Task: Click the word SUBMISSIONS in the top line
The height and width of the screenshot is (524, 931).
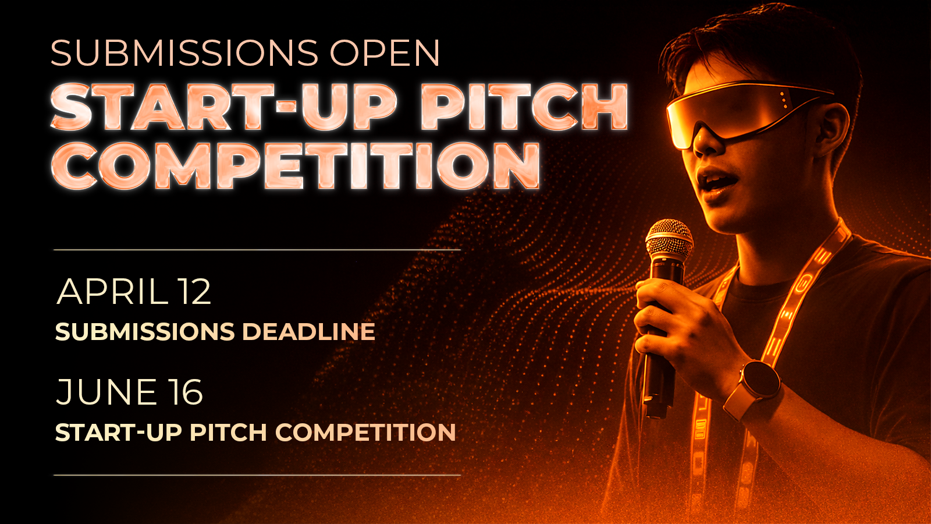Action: [184, 53]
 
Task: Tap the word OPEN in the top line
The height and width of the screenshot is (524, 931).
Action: [385, 53]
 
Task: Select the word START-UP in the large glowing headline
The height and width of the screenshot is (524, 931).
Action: [223, 107]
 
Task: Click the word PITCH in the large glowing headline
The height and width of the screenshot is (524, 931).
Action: [524, 107]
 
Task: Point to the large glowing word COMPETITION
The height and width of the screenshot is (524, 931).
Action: [296, 166]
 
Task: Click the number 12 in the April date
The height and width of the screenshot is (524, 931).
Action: [194, 292]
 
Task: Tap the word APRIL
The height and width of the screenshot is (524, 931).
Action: [111, 292]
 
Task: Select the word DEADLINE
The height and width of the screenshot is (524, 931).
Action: [308, 332]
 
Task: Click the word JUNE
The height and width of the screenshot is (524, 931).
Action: [106, 392]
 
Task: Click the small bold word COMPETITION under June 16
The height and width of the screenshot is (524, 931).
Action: [366, 433]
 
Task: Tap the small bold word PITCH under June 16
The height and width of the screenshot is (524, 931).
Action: [228, 433]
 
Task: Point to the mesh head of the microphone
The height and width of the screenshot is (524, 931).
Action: [669, 240]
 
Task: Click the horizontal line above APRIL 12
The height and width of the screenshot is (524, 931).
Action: [257, 250]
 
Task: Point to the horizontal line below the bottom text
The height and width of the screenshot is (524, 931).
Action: [257, 475]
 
